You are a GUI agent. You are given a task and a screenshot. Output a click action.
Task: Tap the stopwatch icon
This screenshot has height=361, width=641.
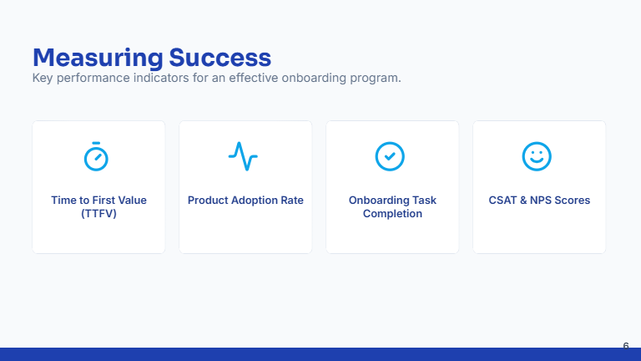[x=96, y=156]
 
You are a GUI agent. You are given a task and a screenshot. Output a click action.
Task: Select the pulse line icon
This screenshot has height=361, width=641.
[x=243, y=156]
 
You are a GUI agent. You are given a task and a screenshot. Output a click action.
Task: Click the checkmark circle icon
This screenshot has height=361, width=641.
[x=390, y=156]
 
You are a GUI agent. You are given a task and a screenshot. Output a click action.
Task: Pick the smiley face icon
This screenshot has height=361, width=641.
[x=537, y=156]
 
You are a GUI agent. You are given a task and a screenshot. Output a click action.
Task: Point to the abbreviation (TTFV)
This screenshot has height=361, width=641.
[x=98, y=214]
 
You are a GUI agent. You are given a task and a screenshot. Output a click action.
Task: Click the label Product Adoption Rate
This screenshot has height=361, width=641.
[x=245, y=201]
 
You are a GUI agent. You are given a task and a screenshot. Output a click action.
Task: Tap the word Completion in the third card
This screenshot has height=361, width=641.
[x=392, y=214]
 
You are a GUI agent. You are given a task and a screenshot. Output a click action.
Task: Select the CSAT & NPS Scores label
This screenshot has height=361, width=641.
[x=539, y=201]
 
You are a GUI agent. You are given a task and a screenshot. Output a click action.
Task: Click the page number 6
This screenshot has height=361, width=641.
[x=626, y=345]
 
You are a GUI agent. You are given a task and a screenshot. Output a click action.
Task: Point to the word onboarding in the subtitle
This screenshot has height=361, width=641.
[x=311, y=79]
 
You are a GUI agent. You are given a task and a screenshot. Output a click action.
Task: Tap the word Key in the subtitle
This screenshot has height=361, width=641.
[x=43, y=79]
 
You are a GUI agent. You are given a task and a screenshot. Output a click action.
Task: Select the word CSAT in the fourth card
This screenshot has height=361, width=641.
[x=502, y=201]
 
